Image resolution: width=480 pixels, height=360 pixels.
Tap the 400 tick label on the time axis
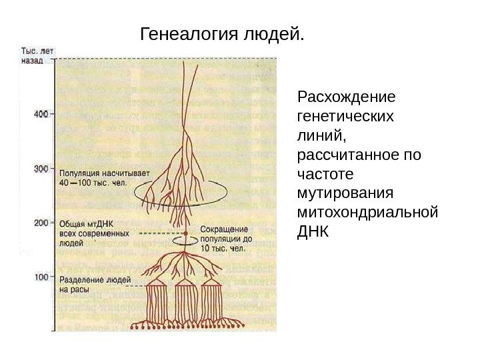(40, 115)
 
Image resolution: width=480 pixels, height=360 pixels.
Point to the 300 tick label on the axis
(40, 169)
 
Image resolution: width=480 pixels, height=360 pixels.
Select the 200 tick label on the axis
(40, 223)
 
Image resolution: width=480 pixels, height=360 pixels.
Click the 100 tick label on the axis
(40, 276)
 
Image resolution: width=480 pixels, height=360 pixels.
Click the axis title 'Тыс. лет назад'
(37, 55)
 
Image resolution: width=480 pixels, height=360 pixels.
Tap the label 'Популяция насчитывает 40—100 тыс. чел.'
(100, 177)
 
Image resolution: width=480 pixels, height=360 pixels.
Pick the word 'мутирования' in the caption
(346, 193)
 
